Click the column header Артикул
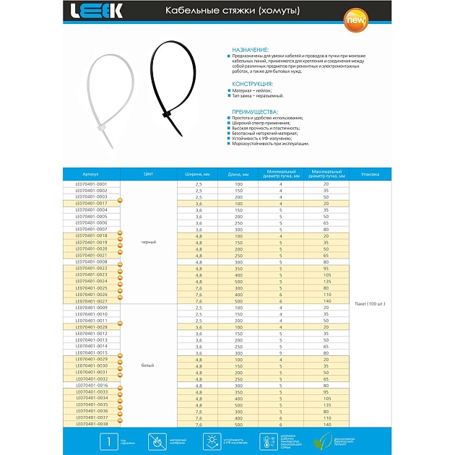tap(90, 174)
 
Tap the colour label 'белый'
tap(148, 365)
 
